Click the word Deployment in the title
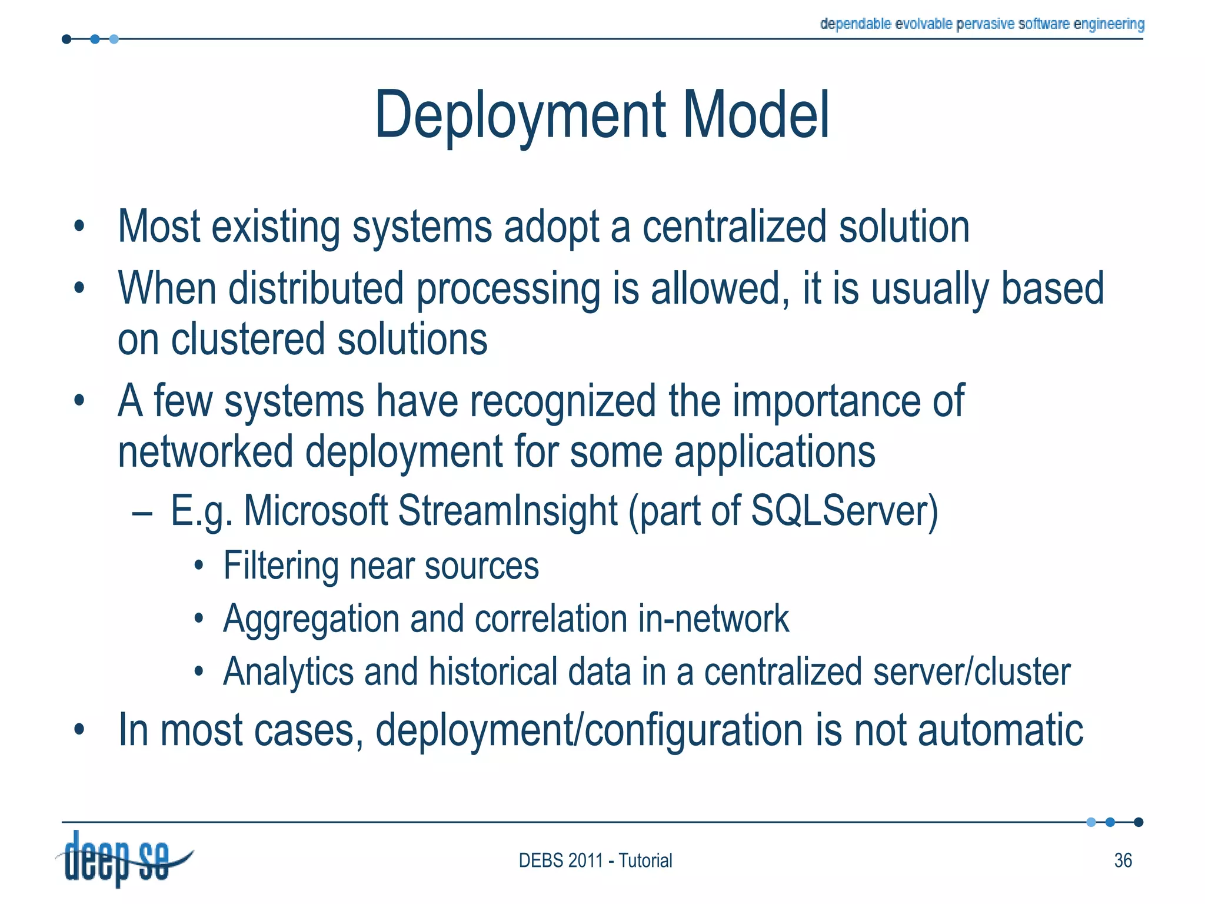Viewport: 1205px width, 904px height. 520,116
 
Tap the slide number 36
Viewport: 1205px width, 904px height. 1123,860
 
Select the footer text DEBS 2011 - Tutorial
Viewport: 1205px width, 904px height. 595,860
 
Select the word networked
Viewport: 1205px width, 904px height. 205,452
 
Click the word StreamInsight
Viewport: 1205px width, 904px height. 507,510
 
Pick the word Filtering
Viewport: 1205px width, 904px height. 281,566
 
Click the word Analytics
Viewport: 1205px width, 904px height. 288,672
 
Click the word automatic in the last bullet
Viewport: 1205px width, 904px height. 1000,730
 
